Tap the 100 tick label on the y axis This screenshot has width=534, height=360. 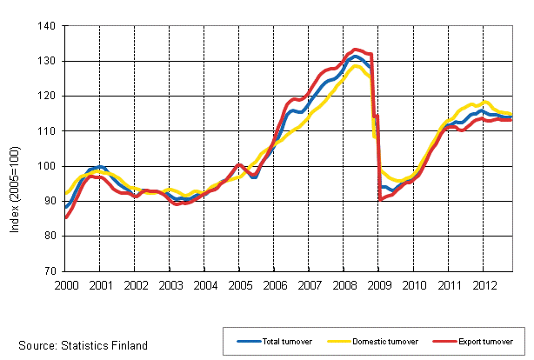[47, 166]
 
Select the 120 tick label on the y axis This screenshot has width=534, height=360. [47, 96]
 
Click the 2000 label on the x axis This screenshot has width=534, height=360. [65, 284]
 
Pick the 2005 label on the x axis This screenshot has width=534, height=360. [239, 284]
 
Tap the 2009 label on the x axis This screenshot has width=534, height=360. [378, 284]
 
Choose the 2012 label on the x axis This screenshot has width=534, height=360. [483, 284]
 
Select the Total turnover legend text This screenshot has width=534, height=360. [281, 342]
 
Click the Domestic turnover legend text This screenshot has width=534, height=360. [378, 342]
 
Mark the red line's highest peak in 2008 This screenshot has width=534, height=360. [356, 50]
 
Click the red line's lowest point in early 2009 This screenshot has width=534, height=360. [381, 198]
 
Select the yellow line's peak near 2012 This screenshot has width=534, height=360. [485, 102]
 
